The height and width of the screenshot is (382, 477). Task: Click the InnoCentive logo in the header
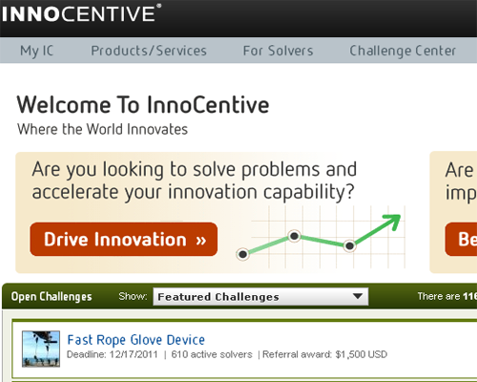pyautogui.click(x=81, y=13)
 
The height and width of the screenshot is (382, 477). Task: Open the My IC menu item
pyautogui.click(x=37, y=51)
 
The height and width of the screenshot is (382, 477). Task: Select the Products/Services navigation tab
pyautogui.click(x=149, y=51)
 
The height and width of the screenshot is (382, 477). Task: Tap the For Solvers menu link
pyautogui.click(x=278, y=51)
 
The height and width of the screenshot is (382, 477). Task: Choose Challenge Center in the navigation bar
pyautogui.click(x=403, y=51)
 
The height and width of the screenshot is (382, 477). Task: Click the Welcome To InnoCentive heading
pyautogui.click(x=143, y=105)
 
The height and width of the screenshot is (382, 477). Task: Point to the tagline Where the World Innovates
pyautogui.click(x=102, y=129)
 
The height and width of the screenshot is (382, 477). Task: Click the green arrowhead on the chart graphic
pyautogui.click(x=393, y=222)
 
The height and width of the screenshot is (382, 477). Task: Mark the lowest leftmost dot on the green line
pyautogui.click(x=242, y=254)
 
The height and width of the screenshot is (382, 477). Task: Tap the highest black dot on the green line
pyautogui.click(x=295, y=236)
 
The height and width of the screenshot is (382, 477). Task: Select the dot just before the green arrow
pyautogui.click(x=349, y=245)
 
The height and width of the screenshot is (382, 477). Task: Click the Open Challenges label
pyautogui.click(x=52, y=297)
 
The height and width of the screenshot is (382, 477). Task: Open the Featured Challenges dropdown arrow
pyautogui.click(x=358, y=296)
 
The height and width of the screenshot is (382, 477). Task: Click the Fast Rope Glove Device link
pyautogui.click(x=136, y=340)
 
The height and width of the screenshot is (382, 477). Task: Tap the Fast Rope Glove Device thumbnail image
pyautogui.click(x=41, y=349)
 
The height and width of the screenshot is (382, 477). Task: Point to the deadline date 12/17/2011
pyautogui.click(x=134, y=354)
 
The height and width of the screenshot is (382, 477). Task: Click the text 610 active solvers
pyautogui.click(x=212, y=354)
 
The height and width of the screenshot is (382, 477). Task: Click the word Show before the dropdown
pyautogui.click(x=133, y=296)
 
